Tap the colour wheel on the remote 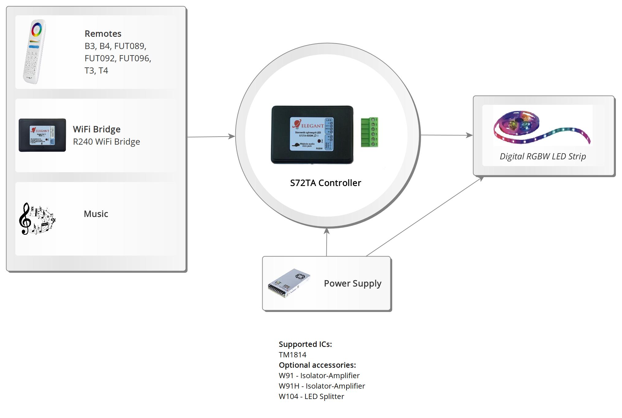[36, 30]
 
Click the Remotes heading [103, 33]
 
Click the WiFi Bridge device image [42, 135]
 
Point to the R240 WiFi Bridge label [106, 142]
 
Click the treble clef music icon [37, 218]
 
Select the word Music [96, 214]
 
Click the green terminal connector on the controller [369, 132]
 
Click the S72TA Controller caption [325, 183]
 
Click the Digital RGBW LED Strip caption [543, 156]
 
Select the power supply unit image [289, 283]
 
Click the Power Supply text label [352, 283]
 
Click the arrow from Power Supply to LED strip [424, 216]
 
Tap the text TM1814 [292, 355]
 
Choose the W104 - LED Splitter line [311, 397]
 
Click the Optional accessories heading [317, 365]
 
